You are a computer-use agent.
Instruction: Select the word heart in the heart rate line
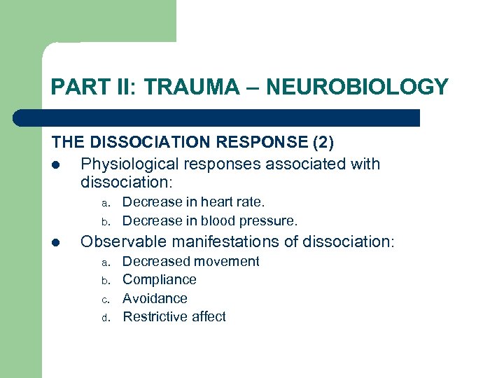click(x=218, y=202)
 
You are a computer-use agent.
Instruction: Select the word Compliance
click(x=160, y=280)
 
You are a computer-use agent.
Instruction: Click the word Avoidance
click(x=155, y=298)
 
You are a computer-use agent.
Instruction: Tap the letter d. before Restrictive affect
click(x=105, y=318)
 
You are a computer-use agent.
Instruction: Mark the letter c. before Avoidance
click(x=105, y=300)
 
